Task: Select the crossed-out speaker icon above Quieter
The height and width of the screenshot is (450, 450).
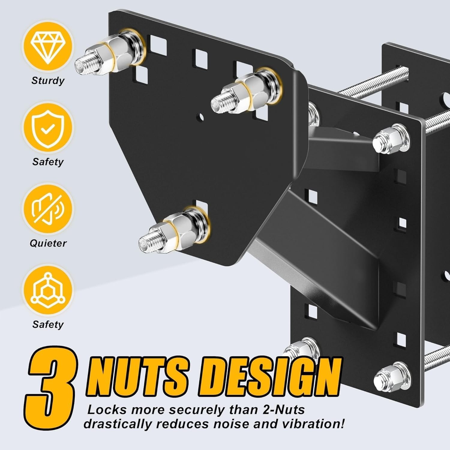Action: (x=48, y=208)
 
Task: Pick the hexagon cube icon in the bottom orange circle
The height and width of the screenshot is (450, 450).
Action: (x=48, y=290)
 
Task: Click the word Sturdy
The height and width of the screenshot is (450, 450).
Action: (x=48, y=81)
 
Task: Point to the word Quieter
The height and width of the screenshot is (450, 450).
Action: (x=48, y=243)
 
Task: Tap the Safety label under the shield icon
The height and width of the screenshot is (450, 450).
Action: (x=48, y=162)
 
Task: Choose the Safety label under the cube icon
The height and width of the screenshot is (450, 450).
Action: (x=48, y=324)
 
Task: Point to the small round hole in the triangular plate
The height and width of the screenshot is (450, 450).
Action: (x=201, y=116)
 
